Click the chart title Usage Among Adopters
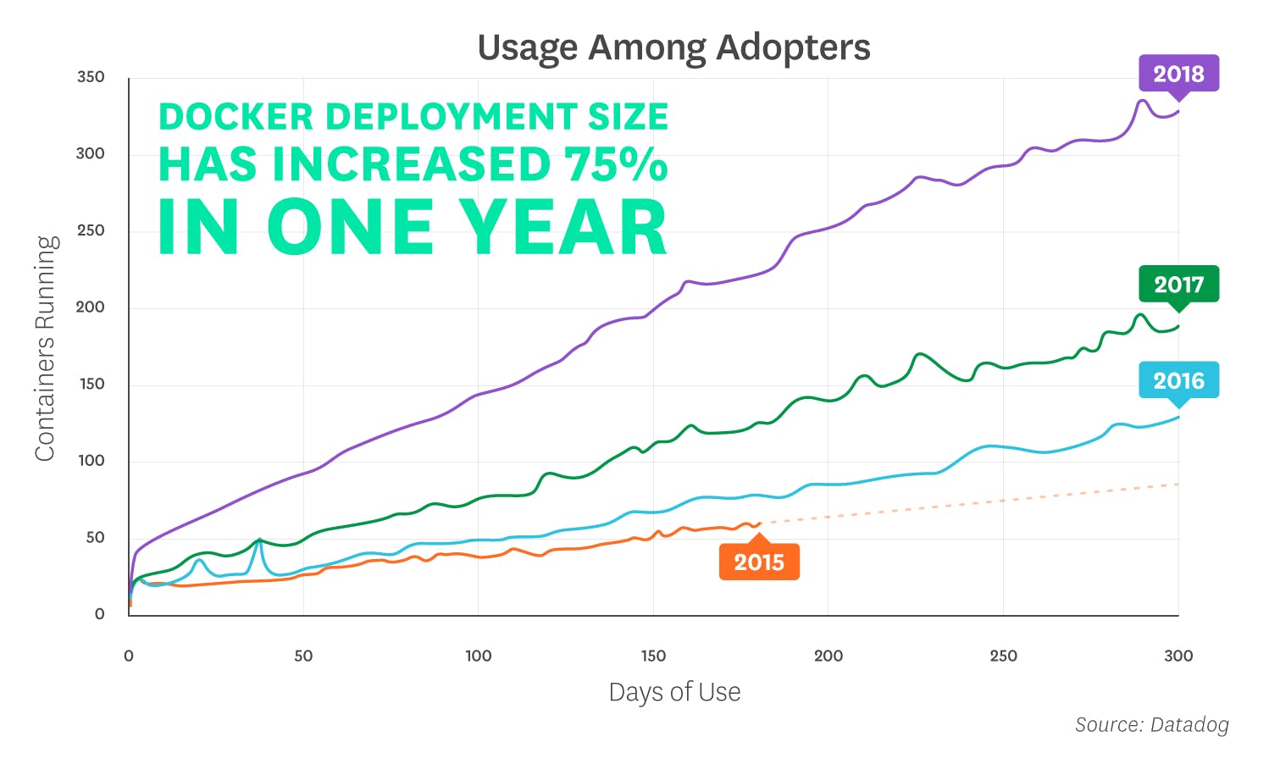(x=673, y=47)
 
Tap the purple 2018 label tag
(x=1178, y=74)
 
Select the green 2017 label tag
(x=1178, y=284)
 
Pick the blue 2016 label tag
(x=1178, y=380)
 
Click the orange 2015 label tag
(x=759, y=562)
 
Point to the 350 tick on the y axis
(x=91, y=77)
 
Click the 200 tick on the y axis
(x=91, y=307)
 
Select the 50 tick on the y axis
(x=95, y=538)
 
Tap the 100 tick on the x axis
(x=478, y=656)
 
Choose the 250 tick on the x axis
(x=1003, y=656)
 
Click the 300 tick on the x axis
(x=1178, y=656)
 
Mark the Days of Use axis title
(x=674, y=692)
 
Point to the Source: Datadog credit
(x=1151, y=725)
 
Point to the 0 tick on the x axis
(x=129, y=656)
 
